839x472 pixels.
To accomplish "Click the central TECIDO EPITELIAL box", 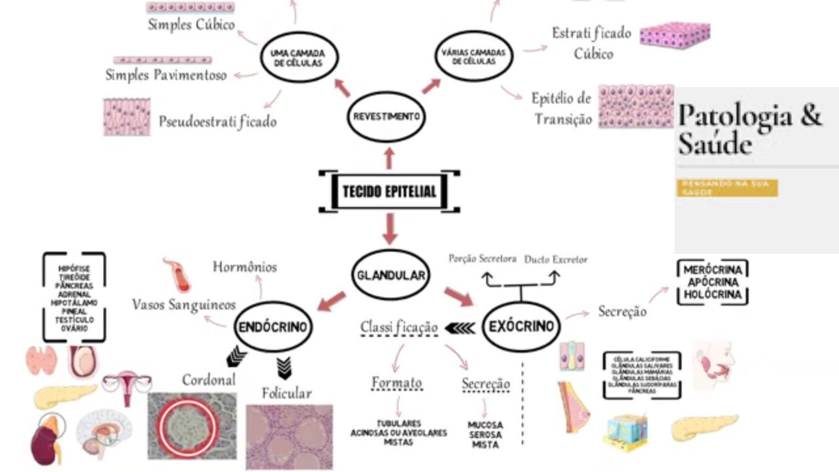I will click(x=389, y=191).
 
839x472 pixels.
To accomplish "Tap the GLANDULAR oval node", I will click(x=391, y=275).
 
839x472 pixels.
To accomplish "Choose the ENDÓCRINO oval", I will click(x=273, y=326).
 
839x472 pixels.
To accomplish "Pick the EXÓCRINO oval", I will click(x=521, y=326).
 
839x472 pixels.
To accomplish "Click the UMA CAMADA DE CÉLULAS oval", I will click(x=299, y=58).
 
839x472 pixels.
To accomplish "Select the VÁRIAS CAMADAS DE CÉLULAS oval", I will click(x=474, y=57).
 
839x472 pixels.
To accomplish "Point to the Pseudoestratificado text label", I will click(x=218, y=122).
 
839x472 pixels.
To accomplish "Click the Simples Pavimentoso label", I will click(x=166, y=75).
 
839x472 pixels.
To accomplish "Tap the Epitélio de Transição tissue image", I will click(x=636, y=106).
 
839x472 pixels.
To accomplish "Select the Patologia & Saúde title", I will click(x=749, y=128).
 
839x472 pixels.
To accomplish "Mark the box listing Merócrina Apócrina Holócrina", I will click(x=712, y=283).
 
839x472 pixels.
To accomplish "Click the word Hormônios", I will click(x=244, y=267).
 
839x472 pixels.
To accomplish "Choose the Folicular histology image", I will click(x=289, y=436).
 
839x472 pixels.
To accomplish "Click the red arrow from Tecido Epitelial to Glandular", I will click(x=391, y=228).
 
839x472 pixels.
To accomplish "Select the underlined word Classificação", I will click(x=399, y=326).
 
